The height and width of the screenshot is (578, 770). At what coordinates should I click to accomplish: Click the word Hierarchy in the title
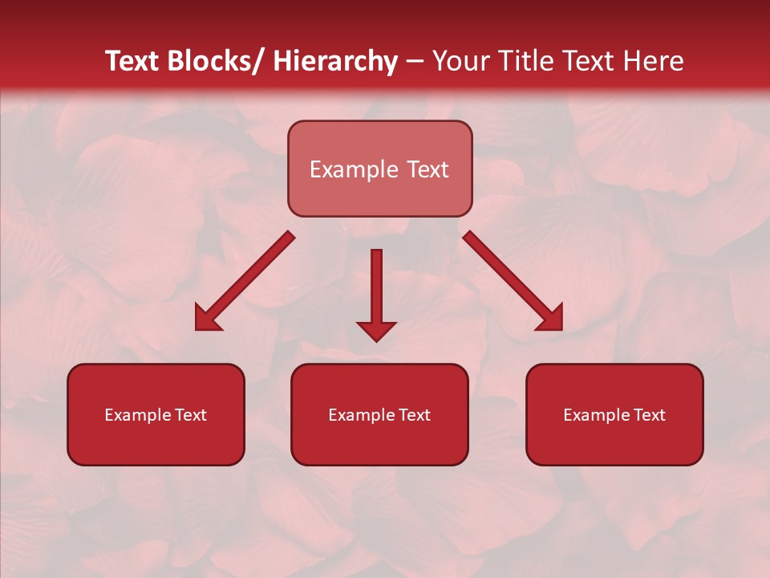[x=335, y=61]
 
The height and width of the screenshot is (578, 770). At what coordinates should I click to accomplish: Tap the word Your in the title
[x=459, y=61]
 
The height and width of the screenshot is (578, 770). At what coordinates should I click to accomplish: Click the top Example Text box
[x=379, y=169]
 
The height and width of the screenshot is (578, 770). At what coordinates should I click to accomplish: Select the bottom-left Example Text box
[x=156, y=414]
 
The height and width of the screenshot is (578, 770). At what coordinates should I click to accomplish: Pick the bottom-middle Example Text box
[x=379, y=414]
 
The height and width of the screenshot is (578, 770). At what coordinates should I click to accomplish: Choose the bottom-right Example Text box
[x=614, y=414]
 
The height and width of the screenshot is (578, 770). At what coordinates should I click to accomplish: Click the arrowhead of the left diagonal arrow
[x=206, y=320]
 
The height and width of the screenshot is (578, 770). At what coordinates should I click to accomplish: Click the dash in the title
[x=415, y=61]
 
